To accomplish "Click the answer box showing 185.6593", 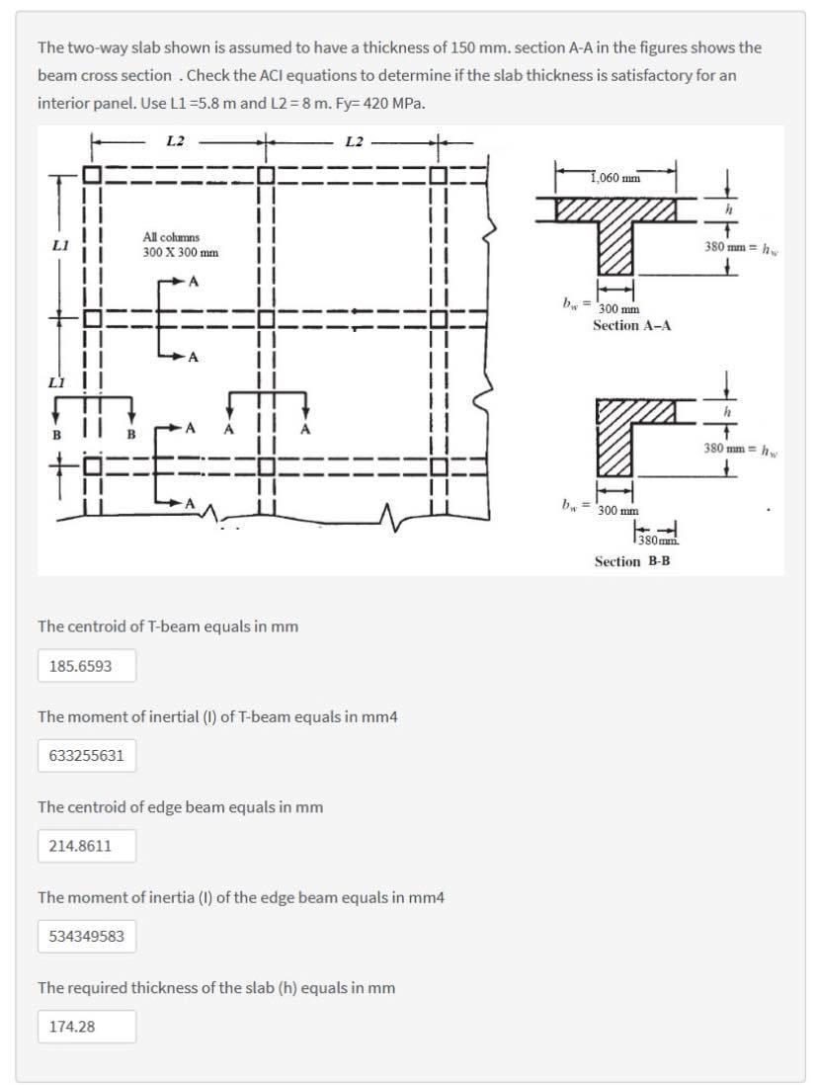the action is (x=86, y=666).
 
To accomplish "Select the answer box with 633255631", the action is (x=86, y=756).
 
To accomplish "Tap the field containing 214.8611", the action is (x=86, y=846).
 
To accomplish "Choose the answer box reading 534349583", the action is (x=86, y=936).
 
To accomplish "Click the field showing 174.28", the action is (x=86, y=1026).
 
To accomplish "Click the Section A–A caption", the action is (x=632, y=325).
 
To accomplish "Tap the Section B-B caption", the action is (x=632, y=561).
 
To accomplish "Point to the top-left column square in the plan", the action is (x=92, y=176).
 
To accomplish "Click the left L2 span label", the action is (x=176, y=141).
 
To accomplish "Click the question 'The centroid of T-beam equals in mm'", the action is (x=167, y=626).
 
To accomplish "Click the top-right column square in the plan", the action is (x=442, y=176).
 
